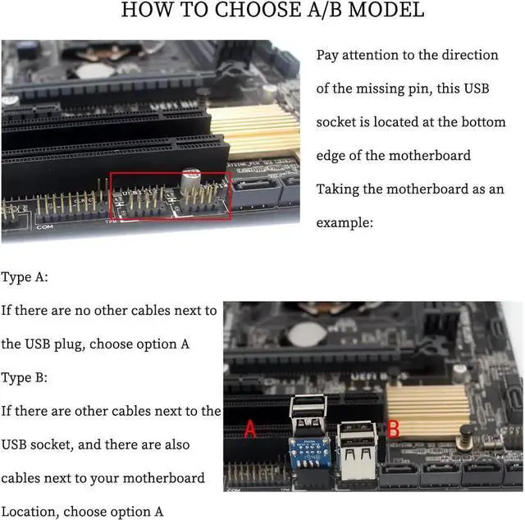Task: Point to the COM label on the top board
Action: tap(44, 226)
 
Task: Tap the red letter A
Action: tap(252, 429)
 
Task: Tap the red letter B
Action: tap(393, 428)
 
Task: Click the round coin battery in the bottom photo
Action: tap(308, 333)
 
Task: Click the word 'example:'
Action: tap(345, 222)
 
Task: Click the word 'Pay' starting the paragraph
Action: tap(329, 55)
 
